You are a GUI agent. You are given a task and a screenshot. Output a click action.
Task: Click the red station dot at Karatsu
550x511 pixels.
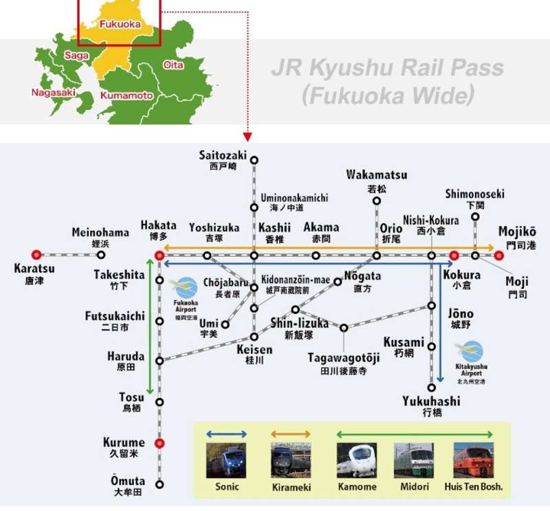coord(36,255)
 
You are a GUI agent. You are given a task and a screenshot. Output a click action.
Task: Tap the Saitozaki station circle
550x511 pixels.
coord(254,161)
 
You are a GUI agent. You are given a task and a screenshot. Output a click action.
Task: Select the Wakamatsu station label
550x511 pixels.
coord(376,174)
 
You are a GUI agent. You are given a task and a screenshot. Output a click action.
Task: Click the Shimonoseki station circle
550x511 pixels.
coord(474,217)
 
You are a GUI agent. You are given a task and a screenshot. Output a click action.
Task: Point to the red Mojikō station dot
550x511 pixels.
coord(499,255)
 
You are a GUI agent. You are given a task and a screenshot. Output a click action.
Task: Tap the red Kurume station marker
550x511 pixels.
coord(159,443)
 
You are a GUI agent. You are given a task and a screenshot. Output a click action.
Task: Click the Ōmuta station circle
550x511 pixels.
coord(159,484)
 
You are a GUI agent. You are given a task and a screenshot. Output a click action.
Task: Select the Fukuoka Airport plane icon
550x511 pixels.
coord(186,287)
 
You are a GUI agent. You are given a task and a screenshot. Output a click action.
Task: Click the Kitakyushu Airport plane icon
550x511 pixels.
coord(472,352)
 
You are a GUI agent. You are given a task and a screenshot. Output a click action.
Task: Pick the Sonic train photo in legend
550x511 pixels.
coord(227,460)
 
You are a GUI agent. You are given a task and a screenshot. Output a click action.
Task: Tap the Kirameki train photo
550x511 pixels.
coord(291,460)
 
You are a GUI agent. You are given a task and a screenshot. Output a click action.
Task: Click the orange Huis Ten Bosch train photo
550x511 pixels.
coord(473,460)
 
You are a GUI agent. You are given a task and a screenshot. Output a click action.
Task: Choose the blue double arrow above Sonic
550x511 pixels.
coord(227,434)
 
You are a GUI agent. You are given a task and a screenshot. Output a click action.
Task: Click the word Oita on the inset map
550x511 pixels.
coord(173,65)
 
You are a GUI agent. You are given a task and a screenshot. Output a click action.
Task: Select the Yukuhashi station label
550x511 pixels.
coord(431,401)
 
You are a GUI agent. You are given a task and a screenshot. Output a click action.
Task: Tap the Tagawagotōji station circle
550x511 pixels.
coord(344,328)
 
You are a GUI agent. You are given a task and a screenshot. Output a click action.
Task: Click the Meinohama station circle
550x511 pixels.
coord(100,255)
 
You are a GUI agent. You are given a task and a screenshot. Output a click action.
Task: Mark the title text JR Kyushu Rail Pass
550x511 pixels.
coord(387,69)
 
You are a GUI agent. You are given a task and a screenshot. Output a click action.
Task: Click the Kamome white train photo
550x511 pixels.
coord(356,460)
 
